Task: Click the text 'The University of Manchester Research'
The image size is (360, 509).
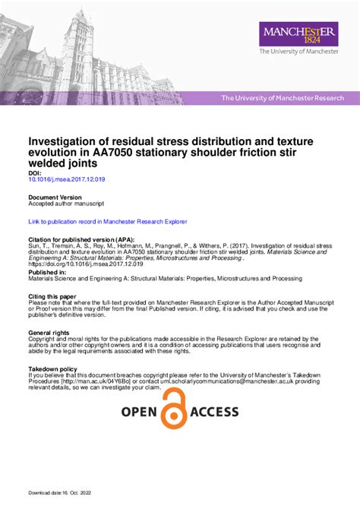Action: (x=282, y=98)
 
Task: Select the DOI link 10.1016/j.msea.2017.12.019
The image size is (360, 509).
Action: (x=67, y=179)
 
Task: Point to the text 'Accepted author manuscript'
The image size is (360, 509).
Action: (x=66, y=204)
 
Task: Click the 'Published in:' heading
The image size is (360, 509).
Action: (x=47, y=271)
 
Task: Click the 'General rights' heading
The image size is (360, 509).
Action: (x=49, y=333)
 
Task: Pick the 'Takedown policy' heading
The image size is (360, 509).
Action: (x=52, y=368)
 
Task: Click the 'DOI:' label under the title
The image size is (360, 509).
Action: (x=35, y=172)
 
